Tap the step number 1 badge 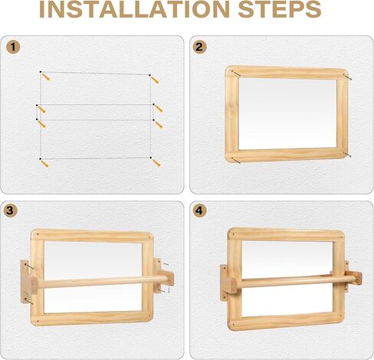tap(12, 47)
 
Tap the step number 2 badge tap(200, 47)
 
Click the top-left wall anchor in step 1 tap(46, 77)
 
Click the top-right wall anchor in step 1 tap(155, 79)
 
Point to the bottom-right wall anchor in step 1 tap(156, 162)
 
